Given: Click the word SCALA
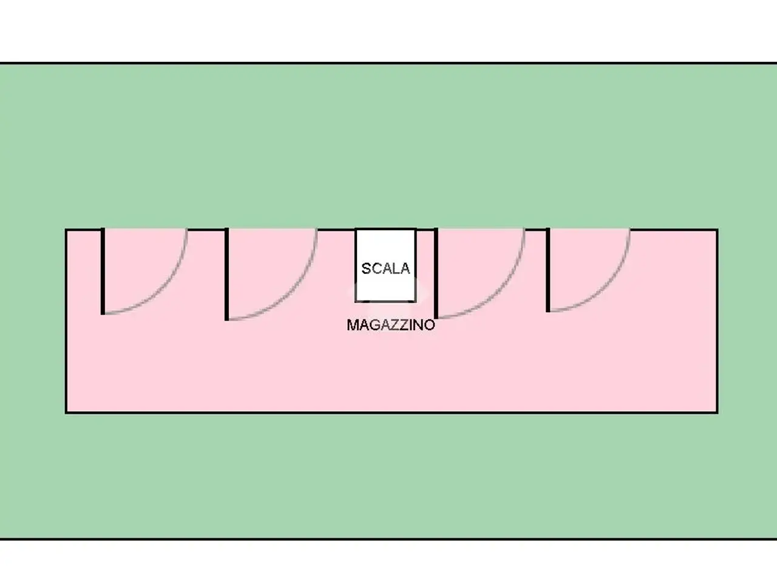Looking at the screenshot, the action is click(385, 268).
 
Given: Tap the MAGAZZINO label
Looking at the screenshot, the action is click(391, 325).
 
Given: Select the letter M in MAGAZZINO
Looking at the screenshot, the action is click(352, 325).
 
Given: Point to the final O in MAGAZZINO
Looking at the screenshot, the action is click(430, 325).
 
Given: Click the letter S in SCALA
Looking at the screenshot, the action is click(366, 268).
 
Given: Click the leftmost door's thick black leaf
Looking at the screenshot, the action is click(103, 271).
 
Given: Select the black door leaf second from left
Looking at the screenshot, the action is click(226, 274).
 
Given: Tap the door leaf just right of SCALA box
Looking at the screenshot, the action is click(436, 273).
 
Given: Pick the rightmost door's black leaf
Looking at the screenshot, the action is click(548, 270).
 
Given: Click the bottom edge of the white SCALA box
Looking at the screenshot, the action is click(385, 301).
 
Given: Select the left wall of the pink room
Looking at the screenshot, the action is click(66, 321).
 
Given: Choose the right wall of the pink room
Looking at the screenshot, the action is click(717, 321).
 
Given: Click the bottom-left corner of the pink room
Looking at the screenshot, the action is click(66, 412).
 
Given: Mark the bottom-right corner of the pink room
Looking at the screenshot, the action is click(717, 412).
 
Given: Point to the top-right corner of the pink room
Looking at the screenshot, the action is click(717, 230).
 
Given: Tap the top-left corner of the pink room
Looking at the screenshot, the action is click(66, 230).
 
